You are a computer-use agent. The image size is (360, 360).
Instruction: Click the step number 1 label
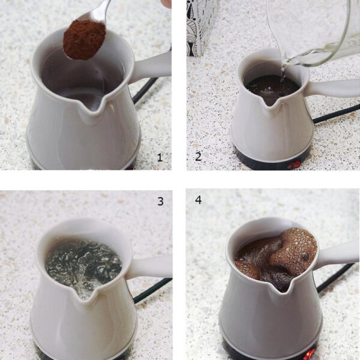point(160,157)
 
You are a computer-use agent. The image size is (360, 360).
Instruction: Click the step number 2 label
point(199,157)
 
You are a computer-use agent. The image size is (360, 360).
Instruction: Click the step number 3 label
point(160,202)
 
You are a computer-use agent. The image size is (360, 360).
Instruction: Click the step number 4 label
point(199,200)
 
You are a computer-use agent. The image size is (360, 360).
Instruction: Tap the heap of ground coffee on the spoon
point(84,40)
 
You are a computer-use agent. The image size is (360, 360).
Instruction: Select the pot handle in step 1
point(152,67)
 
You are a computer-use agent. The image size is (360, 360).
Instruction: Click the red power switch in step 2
point(294,164)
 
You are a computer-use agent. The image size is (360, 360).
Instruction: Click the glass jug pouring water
point(314,32)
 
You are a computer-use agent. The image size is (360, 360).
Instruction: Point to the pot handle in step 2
point(333,88)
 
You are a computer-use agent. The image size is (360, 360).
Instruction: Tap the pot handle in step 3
point(149,268)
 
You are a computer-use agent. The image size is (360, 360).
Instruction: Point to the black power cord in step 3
point(152,290)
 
